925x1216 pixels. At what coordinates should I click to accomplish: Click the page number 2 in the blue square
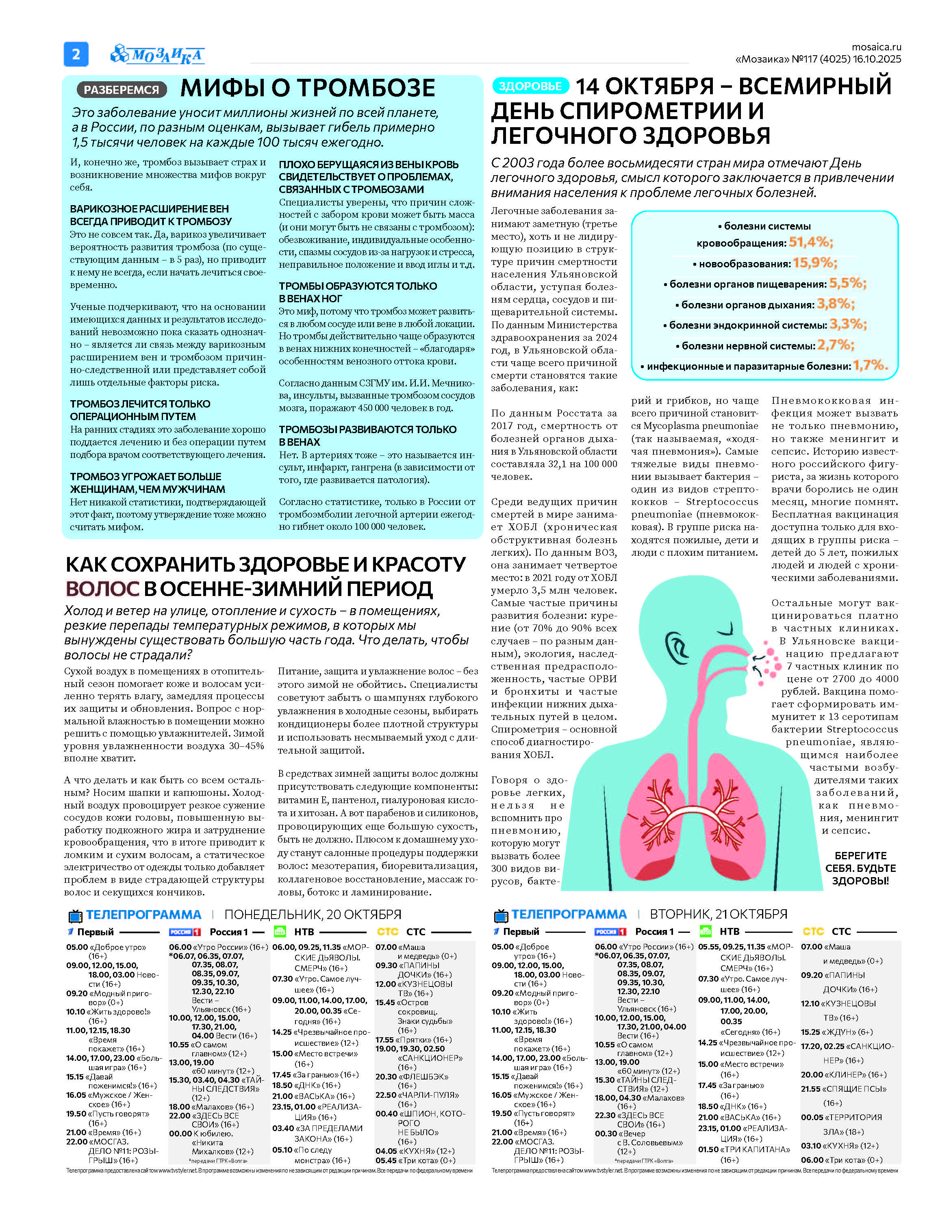(x=76, y=54)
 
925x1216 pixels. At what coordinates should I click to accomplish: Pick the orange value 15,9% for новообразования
(x=815, y=263)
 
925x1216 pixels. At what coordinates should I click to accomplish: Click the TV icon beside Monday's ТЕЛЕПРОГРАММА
(x=75, y=916)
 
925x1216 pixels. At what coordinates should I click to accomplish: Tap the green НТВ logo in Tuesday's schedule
(x=705, y=932)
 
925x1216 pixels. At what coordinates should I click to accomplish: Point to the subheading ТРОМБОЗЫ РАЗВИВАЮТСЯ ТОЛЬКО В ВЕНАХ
(x=367, y=436)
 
